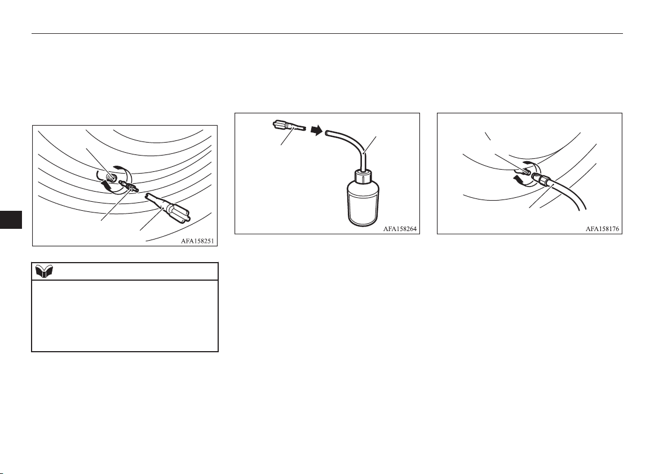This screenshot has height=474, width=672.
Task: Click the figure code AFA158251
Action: point(197,241)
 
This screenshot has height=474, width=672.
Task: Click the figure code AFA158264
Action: point(400,229)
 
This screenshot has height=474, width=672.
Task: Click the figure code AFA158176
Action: point(603,229)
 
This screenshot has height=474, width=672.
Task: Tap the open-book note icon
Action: point(44,271)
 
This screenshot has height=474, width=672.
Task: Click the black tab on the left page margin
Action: point(11,219)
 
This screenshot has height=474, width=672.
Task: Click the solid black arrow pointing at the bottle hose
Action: point(316,130)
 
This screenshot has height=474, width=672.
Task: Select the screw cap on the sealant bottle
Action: point(362,177)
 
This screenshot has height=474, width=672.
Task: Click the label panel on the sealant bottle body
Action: point(362,208)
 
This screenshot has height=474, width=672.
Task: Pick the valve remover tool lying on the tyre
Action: point(169,208)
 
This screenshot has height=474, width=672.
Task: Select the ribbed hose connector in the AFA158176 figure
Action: point(542,179)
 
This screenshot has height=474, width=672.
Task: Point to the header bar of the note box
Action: point(125,271)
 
